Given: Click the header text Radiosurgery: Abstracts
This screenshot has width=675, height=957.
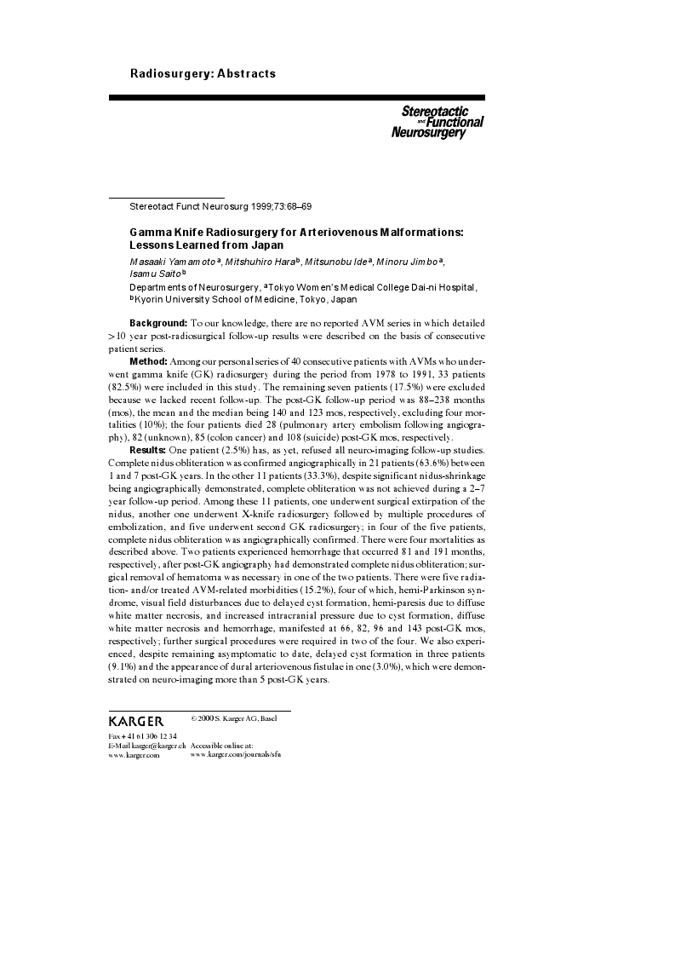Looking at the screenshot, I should (203, 73).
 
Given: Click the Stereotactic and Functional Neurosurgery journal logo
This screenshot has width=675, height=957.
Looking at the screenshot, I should (437, 123).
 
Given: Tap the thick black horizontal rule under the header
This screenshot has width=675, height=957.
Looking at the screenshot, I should (296, 98).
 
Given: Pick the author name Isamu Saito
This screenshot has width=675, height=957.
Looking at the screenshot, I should (148, 274).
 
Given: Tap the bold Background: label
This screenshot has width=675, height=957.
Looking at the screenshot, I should (157, 324).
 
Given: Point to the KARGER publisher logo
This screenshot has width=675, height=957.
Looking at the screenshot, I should (136, 721).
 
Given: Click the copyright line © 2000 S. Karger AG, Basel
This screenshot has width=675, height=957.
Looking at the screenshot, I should (234, 718).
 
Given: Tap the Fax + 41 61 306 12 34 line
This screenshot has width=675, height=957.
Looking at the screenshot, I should (143, 735).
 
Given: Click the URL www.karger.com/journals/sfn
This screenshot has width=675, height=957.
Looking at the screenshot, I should (236, 754).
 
